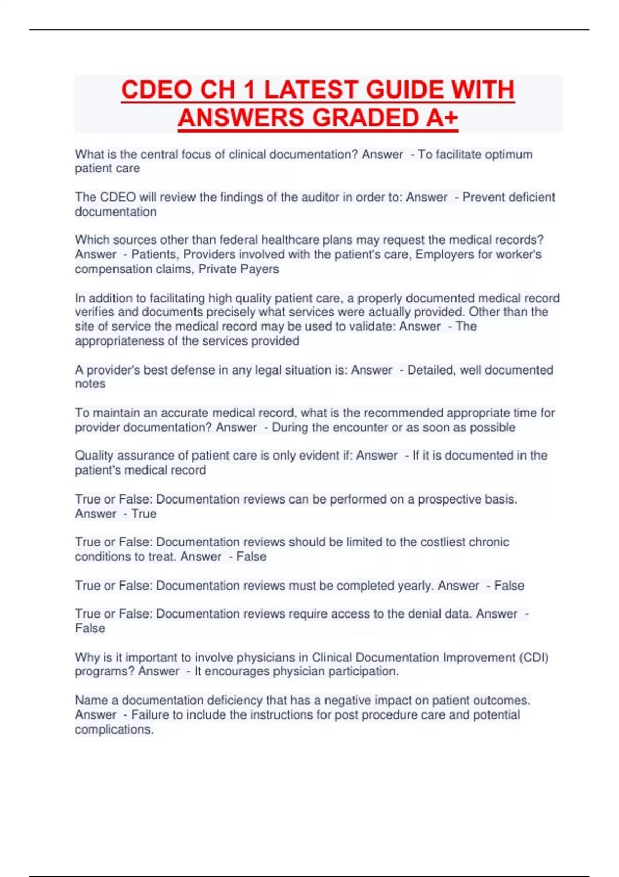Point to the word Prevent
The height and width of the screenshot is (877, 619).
484,197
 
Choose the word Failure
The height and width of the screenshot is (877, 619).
150,715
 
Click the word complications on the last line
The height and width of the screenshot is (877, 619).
113,729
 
